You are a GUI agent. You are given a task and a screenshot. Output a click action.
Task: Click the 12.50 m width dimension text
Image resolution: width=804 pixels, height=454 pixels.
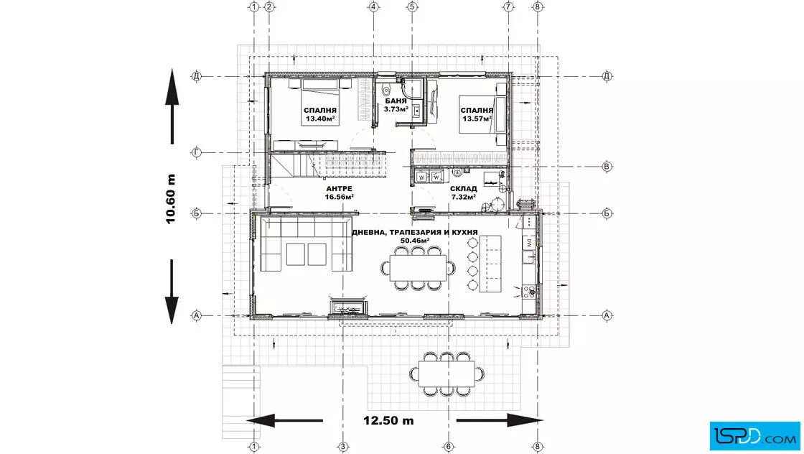pyautogui.click(x=388, y=421)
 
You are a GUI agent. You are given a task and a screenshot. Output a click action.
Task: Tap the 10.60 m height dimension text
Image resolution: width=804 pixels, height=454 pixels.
pyautogui.click(x=171, y=199)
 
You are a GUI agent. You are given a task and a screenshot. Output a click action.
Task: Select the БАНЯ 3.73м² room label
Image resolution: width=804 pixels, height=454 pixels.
pyautogui.click(x=396, y=105)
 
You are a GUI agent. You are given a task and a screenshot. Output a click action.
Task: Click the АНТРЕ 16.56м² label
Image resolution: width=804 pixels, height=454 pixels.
pyautogui.click(x=339, y=193)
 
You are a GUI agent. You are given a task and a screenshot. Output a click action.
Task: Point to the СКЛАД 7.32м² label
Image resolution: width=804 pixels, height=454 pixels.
pyautogui.click(x=463, y=193)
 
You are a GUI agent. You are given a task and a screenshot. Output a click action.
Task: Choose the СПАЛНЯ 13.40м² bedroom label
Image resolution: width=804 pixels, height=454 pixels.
pyautogui.click(x=320, y=114)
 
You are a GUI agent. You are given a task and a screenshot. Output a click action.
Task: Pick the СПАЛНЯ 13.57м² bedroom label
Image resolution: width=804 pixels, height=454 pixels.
pyautogui.click(x=477, y=114)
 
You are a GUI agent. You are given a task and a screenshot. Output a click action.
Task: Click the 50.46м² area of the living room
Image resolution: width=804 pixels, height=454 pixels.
pyautogui.click(x=415, y=240)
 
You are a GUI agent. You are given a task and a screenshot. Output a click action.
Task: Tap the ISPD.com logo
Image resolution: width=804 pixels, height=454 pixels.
pyautogui.click(x=754, y=435)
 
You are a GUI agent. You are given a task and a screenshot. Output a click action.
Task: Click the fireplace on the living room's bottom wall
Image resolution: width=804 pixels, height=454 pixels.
pyautogui.click(x=348, y=309)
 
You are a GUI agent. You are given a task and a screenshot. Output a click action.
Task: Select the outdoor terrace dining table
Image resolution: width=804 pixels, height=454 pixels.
pyautogui.click(x=447, y=374)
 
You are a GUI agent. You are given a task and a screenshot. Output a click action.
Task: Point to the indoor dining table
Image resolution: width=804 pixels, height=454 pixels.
pyautogui.click(x=418, y=268)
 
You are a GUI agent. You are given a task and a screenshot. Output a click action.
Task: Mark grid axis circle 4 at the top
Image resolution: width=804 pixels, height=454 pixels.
pyautogui.click(x=373, y=6)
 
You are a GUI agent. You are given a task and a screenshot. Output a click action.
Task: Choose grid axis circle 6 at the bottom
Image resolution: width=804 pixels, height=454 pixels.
pyautogui.click(x=448, y=447)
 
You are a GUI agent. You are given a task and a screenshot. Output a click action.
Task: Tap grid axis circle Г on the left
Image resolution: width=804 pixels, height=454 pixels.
pyautogui.click(x=197, y=152)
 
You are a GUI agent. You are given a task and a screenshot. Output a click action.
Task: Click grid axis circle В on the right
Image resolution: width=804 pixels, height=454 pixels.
pyautogui.click(x=607, y=166)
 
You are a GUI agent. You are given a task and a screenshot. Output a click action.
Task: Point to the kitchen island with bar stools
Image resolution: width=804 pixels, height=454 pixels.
pyautogui.click(x=490, y=264)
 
